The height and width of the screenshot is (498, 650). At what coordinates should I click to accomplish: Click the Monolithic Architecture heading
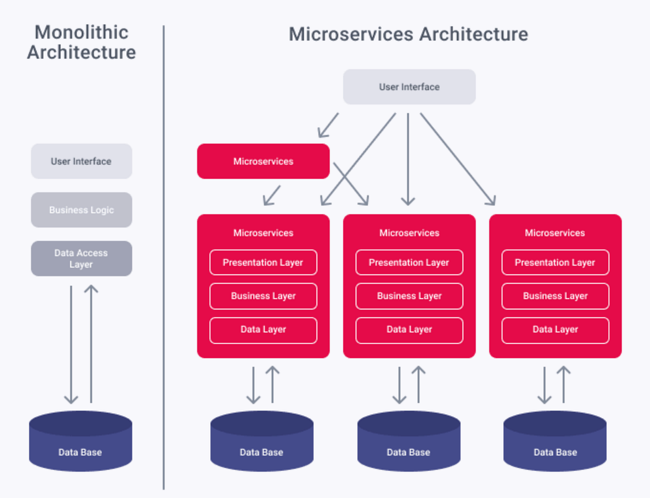81,42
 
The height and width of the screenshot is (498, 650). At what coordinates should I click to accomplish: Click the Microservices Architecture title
408,34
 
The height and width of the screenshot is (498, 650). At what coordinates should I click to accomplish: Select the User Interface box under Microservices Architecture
409,87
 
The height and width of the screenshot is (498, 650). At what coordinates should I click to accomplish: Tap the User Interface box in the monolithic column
81,161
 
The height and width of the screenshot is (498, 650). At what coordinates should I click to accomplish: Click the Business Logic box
81,210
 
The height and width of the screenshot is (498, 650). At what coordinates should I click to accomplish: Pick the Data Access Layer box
81,259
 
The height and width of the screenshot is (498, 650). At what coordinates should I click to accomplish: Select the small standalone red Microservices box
263,161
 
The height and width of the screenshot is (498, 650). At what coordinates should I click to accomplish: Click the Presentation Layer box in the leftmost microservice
263,263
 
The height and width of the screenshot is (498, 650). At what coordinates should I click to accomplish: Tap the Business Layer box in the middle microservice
409,296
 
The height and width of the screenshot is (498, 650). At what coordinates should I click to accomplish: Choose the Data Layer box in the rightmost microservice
555,330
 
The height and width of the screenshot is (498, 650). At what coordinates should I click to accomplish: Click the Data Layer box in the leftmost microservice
263,330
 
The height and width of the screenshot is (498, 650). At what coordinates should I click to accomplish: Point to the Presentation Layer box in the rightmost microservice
555,263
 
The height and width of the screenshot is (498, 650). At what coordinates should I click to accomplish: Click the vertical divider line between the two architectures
164,260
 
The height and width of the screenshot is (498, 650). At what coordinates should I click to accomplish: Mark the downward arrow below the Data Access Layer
71,346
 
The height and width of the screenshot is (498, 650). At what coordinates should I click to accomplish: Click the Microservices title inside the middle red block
409,233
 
